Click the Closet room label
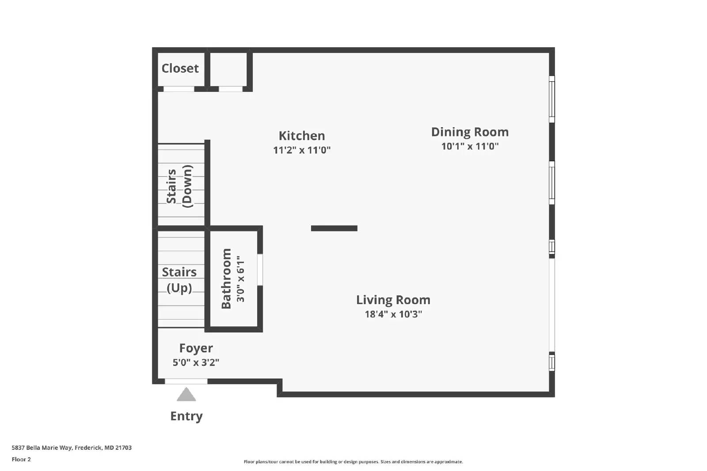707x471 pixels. click(x=180, y=68)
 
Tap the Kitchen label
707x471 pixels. click(x=302, y=136)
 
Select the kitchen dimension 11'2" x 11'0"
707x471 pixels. click(x=302, y=150)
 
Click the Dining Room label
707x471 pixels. click(x=470, y=132)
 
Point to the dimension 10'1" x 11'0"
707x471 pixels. click(x=470, y=146)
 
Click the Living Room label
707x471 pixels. click(x=393, y=300)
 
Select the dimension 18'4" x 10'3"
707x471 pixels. click(x=393, y=314)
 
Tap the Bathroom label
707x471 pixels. click(x=226, y=279)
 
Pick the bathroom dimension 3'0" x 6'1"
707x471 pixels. click(x=240, y=279)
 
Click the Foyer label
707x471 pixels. click(x=196, y=348)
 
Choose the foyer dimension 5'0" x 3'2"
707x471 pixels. click(x=196, y=363)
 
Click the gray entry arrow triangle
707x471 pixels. click(x=186, y=395)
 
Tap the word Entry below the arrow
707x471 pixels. click(x=186, y=416)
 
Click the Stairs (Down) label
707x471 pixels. click(x=180, y=186)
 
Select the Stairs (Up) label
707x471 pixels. click(x=179, y=280)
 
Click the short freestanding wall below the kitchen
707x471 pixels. click(x=334, y=228)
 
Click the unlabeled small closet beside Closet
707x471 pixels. click(x=228, y=69)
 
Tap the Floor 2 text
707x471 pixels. click(x=21, y=460)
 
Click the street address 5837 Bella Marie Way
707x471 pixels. click(x=72, y=448)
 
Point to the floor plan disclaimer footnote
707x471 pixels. click(x=353, y=462)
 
